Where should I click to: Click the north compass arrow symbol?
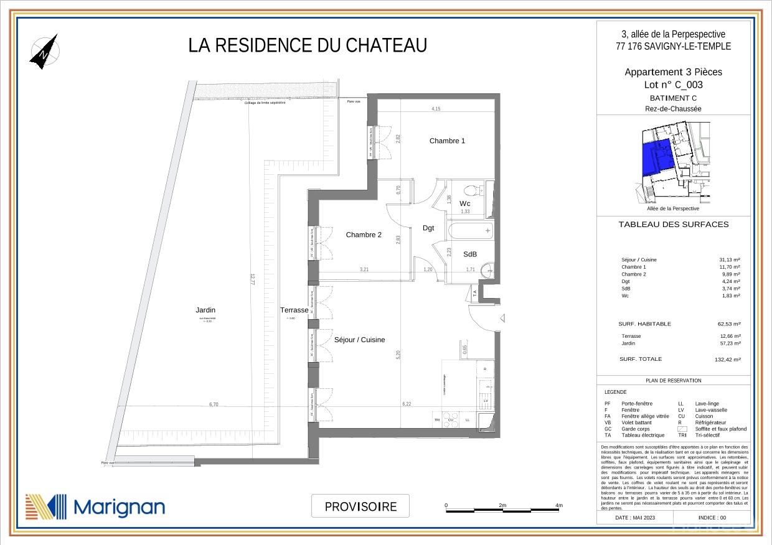pyautogui.click(x=44, y=51)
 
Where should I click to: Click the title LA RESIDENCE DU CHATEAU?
pyautogui.click(x=308, y=46)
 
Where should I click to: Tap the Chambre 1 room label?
pyautogui.click(x=447, y=141)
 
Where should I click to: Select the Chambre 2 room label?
pyautogui.click(x=364, y=235)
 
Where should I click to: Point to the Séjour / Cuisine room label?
pyautogui.click(x=359, y=340)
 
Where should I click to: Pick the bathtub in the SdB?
pyautogui.click(x=469, y=231)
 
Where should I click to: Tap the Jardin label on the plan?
pyautogui.click(x=205, y=310)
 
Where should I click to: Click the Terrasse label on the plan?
pyautogui.click(x=294, y=310)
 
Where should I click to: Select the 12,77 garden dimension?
pyautogui.click(x=252, y=279)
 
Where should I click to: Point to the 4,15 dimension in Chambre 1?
pyautogui.click(x=436, y=109)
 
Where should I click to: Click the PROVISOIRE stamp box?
pyautogui.click(x=360, y=506)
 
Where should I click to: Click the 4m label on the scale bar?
pyautogui.click(x=558, y=505)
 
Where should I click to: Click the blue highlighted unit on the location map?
pyautogui.click(x=656, y=157)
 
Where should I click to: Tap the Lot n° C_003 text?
pyautogui.click(x=673, y=85)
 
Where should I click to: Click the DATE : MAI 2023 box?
pyautogui.click(x=635, y=517)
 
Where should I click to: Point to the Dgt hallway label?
pyautogui.click(x=428, y=228)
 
